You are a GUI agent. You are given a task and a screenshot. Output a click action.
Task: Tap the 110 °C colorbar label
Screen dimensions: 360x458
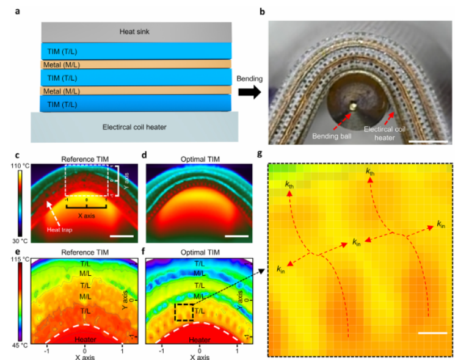coord(13,165)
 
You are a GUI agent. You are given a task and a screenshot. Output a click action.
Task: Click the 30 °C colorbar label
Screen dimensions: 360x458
coord(13,242)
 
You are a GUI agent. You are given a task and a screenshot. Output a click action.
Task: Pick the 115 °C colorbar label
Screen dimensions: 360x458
coord(13,259)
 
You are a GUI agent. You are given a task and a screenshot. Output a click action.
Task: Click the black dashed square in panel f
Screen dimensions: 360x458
coord(184,312)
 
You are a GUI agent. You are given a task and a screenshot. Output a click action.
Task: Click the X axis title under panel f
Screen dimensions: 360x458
coord(199,355)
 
